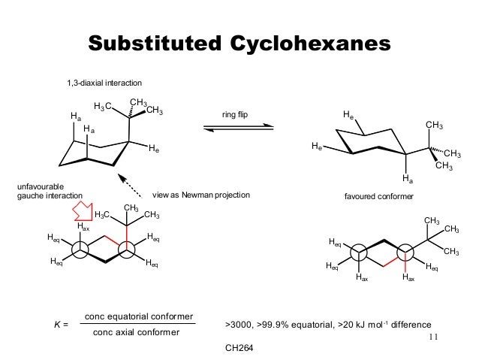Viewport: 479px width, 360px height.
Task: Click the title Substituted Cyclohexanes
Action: tap(239, 43)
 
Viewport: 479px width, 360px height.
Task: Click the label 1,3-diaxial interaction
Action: tap(105, 82)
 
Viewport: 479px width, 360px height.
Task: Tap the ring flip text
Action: tap(235, 114)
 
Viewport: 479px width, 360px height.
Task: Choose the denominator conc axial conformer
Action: tap(136, 332)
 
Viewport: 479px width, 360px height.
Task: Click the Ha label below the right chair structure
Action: tap(407, 180)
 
